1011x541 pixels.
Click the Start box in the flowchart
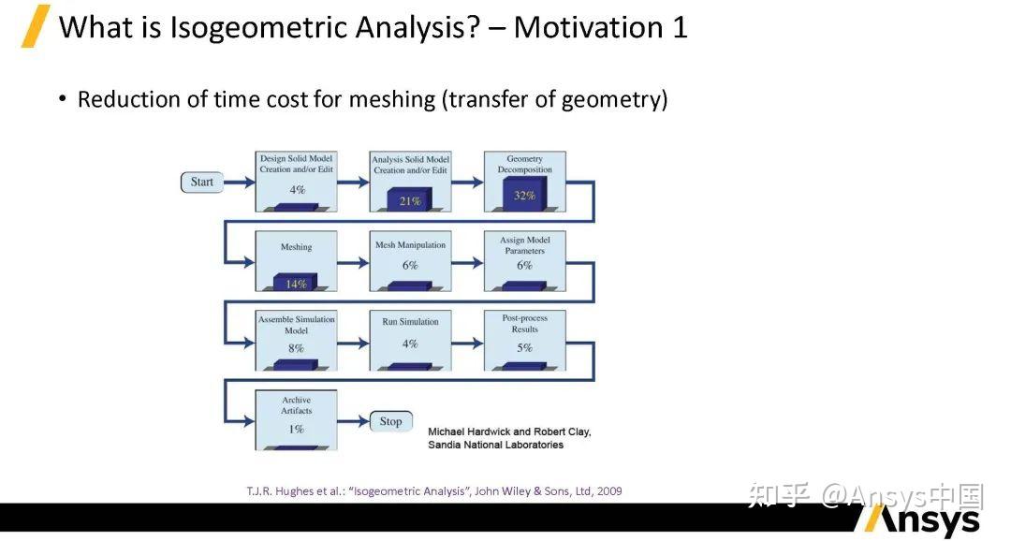tap(202, 183)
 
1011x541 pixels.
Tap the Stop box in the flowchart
tap(390, 422)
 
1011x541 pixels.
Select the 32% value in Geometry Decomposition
tap(524, 196)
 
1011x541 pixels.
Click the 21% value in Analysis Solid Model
tap(410, 201)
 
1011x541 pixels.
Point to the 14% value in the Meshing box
tap(296, 284)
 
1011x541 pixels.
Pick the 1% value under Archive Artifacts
tap(296, 430)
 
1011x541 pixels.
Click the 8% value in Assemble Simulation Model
tap(296, 348)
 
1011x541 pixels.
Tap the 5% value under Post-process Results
tap(525, 347)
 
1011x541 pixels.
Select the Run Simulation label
tap(410, 322)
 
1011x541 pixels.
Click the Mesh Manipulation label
tap(410, 245)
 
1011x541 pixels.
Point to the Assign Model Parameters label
tap(525, 245)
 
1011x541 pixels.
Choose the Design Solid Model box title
tap(297, 158)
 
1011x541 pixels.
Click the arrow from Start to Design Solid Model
tap(240, 183)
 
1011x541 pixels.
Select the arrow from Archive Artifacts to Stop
tap(353, 422)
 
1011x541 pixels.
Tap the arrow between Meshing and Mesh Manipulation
tap(353, 263)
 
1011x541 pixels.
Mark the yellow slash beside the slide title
tap(36, 26)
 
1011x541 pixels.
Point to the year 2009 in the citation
tap(609, 491)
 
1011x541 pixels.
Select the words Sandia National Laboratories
tap(496, 445)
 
